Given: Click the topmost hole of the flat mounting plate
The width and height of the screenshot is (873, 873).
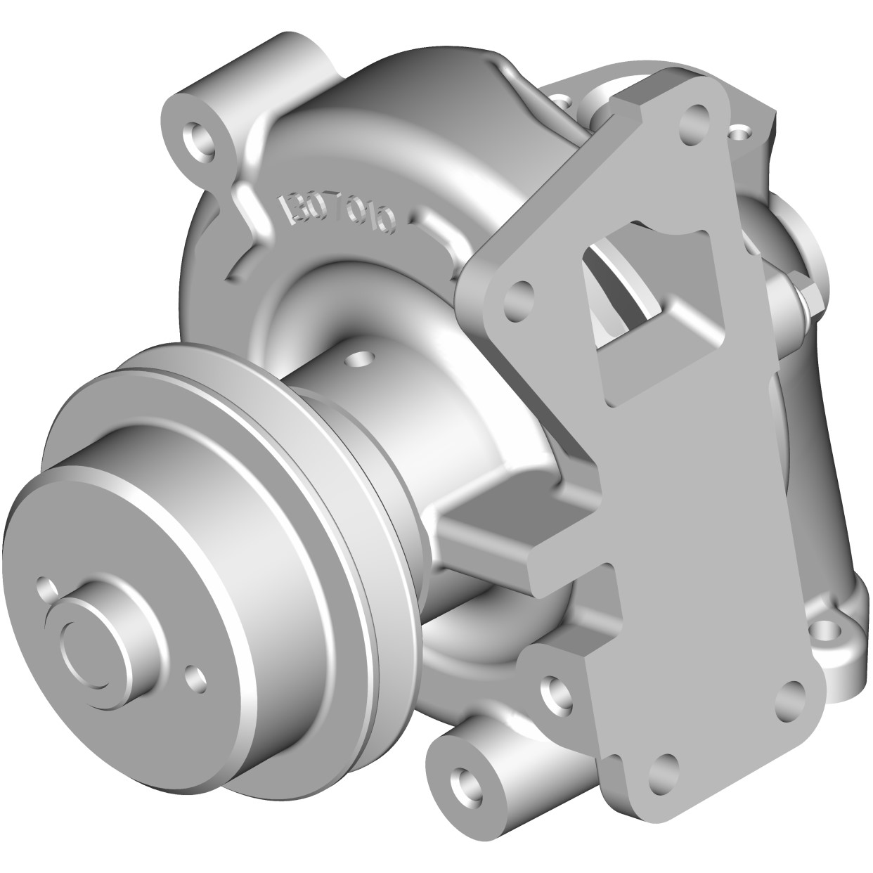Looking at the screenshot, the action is pos(695,119).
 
